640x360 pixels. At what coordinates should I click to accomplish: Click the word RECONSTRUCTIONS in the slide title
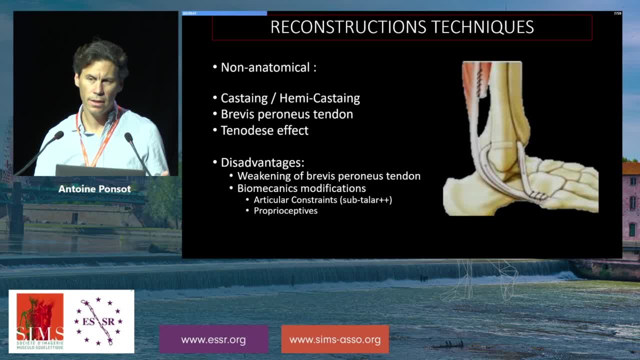(x=348, y=27)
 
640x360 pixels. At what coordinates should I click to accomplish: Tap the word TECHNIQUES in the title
(x=482, y=27)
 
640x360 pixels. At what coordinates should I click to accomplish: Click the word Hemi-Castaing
(x=319, y=98)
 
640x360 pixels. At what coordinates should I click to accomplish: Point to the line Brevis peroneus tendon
(x=287, y=114)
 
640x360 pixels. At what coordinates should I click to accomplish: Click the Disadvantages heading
(x=262, y=162)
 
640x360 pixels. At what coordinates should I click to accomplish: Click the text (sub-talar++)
(x=365, y=199)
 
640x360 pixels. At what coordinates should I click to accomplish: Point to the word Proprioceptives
(x=285, y=211)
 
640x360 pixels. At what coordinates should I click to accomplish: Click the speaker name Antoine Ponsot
(x=94, y=189)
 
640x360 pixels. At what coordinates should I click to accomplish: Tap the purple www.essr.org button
(x=213, y=339)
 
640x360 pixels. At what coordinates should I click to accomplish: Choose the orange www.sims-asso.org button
(x=335, y=339)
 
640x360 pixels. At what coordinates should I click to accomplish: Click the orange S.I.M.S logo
(x=40, y=321)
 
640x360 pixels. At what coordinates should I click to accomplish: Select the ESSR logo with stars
(x=98, y=321)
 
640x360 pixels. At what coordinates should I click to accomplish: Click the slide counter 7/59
(x=617, y=13)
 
